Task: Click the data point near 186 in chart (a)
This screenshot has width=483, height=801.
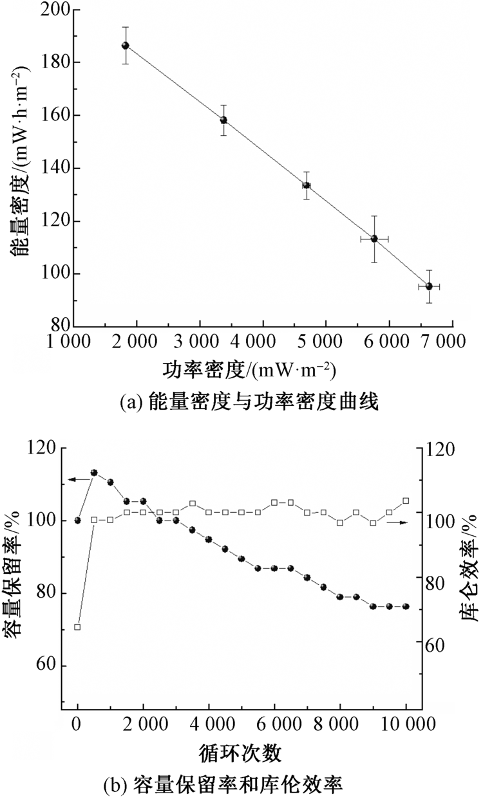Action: coord(126,45)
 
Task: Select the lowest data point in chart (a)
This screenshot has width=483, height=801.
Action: coord(429,286)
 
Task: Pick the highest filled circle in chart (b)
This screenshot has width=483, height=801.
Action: coord(94,472)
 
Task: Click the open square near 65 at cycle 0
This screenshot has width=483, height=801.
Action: coord(77,627)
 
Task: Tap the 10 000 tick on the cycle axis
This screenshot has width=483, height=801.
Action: coord(406,724)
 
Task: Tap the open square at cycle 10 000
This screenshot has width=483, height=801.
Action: coord(406,501)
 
